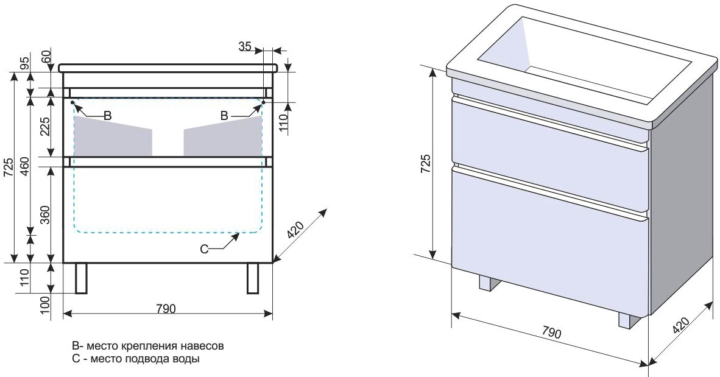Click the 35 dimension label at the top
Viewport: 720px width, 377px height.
click(245, 46)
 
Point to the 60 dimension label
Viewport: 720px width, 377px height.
click(46, 57)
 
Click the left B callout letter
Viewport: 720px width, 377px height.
click(107, 115)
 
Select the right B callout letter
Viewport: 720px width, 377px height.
click(224, 116)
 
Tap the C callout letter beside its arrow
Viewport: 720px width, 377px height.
click(205, 249)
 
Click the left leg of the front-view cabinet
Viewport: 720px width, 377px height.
click(81, 278)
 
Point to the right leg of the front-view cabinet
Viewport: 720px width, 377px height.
click(253, 278)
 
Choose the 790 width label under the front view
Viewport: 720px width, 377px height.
click(166, 308)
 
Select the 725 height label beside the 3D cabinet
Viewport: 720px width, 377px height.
click(426, 163)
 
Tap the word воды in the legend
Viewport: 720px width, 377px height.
click(188, 359)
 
